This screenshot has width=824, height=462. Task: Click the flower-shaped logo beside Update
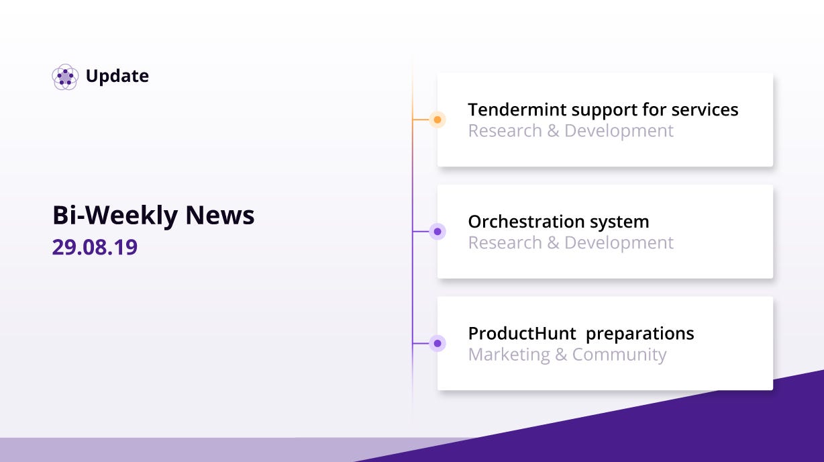coord(65,77)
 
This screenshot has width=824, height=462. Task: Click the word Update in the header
coord(117,77)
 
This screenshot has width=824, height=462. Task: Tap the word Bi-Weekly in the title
coord(115,216)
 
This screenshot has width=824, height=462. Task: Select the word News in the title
coord(220,215)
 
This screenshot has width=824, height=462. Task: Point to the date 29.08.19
coord(95,247)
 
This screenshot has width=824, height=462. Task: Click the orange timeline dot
coord(437,120)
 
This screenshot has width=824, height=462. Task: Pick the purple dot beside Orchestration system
coord(437,232)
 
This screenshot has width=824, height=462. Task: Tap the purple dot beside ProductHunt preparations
coord(437,343)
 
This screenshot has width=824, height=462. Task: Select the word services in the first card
coord(705,109)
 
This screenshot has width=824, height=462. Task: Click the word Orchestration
coord(526,222)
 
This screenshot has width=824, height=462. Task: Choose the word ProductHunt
coord(522,334)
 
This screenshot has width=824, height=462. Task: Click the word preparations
coord(639,334)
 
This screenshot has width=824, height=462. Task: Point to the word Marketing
coord(509,355)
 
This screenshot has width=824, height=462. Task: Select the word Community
coord(619,355)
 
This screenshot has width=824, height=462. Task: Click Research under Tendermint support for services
coord(505,131)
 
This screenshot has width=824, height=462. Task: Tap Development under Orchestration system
coord(619,243)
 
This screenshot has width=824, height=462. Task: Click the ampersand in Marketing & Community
coord(561,355)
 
